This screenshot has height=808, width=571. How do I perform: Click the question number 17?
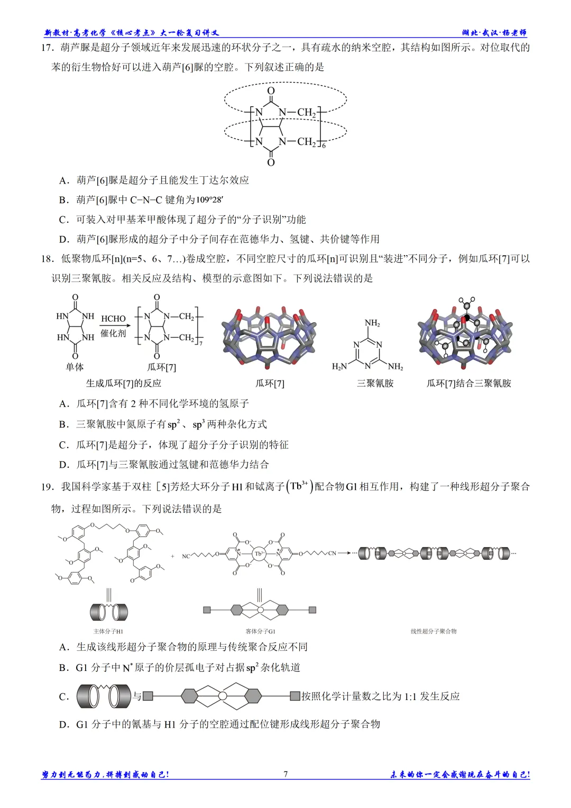pos(47,48)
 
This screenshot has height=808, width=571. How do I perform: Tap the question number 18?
pos(47,259)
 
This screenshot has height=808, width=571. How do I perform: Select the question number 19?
pos(47,487)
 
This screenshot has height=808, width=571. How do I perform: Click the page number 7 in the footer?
pos(285,774)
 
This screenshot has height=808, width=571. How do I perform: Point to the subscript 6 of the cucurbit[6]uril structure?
pos(324,146)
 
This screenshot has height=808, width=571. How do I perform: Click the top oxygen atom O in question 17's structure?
pos(271,90)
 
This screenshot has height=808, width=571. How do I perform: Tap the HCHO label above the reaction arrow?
pos(113,319)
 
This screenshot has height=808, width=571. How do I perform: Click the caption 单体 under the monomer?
pos(75,367)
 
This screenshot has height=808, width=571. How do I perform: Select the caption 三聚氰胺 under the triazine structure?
pos(375,383)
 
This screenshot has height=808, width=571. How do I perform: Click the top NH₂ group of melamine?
pos(372,323)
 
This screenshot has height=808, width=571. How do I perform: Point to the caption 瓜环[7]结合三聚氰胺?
pos(468,383)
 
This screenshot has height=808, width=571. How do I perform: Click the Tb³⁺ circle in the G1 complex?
pos(259,553)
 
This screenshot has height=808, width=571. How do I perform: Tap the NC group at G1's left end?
pos(186,556)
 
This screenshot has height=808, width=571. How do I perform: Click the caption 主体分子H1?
pos(108,631)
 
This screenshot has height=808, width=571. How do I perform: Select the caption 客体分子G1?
pos(260,631)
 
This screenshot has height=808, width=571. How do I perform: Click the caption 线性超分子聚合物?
pos(434,631)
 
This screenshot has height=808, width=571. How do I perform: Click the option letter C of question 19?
pos(63,697)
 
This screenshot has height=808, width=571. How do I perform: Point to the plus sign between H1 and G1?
pos(173,556)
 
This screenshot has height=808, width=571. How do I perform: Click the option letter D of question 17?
pos(63,239)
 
